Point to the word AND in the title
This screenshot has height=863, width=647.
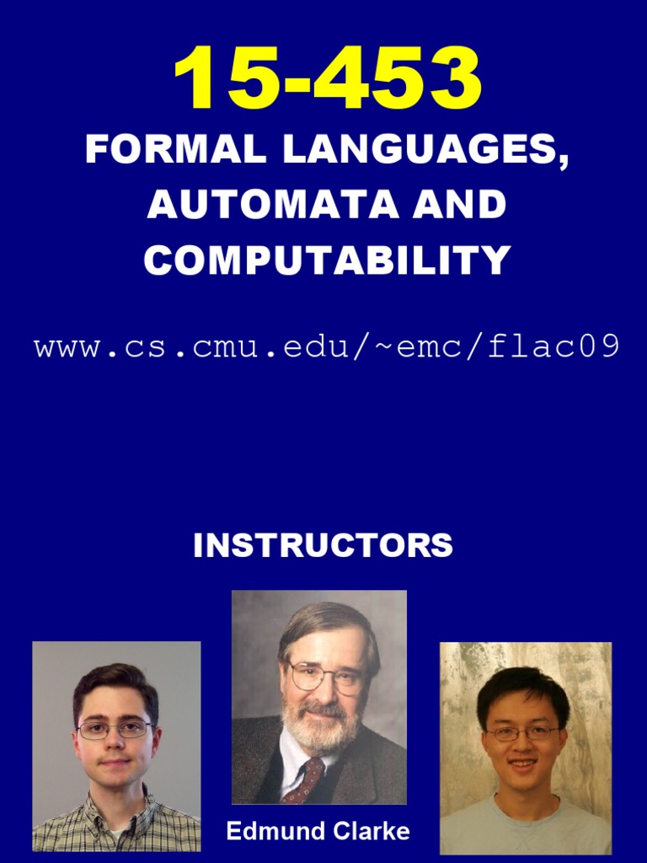(459, 205)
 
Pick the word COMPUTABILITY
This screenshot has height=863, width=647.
(327, 260)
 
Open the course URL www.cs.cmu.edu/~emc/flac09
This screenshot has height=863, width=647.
(327, 346)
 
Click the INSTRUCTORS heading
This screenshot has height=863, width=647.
(323, 545)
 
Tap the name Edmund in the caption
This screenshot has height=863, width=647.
(270, 832)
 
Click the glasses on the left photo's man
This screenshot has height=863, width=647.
(115, 730)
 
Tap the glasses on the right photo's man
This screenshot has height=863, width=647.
(523, 732)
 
